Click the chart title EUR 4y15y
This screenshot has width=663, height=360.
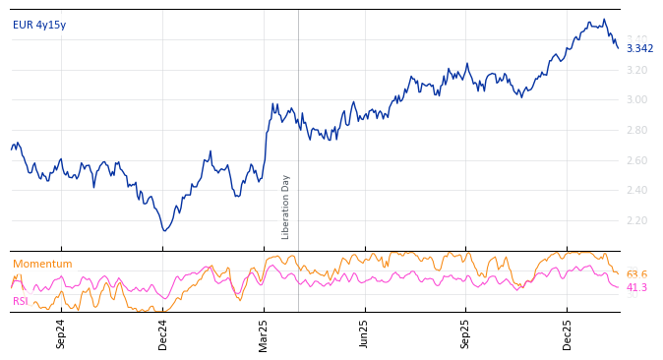pyautogui.click(x=39, y=25)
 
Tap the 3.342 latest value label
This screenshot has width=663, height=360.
pyautogui.click(x=639, y=49)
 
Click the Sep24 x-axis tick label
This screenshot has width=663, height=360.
pyautogui.click(x=61, y=333)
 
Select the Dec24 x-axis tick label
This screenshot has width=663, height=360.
pyautogui.click(x=163, y=333)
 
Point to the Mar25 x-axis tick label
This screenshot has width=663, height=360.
pyautogui.click(x=264, y=333)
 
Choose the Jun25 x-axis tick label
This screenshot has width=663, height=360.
pyautogui.click(x=364, y=333)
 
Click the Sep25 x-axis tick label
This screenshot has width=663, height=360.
pyautogui.click(x=465, y=333)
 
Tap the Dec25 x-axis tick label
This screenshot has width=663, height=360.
pyautogui.click(x=568, y=333)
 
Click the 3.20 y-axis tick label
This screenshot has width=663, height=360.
pyautogui.click(x=637, y=70)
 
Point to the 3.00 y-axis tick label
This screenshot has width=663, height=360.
pyautogui.click(x=637, y=100)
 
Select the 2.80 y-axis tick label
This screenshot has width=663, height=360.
pyautogui.click(x=637, y=130)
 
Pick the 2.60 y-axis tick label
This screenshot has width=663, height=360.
pyautogui.click(x=637, y=160)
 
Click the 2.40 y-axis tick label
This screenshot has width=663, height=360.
pyautogui.click(x=637, y=191)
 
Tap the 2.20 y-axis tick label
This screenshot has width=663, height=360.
pyautogui.click(x=637, y=220)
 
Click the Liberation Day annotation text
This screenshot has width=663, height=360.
pyautogui.click(x=286, y=207)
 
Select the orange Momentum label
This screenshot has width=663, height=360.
pyautogui.click(x=42, y=265)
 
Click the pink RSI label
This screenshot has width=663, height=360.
pyautogui.click(x=21, y=302)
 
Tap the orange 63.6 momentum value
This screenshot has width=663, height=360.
pyautogui.click(x=636, y=275)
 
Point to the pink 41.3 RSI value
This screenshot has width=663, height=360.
pyautogui.click(x=636, y=288)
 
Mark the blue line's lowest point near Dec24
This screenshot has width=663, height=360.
pyautogui.click(x=164, y=231)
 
